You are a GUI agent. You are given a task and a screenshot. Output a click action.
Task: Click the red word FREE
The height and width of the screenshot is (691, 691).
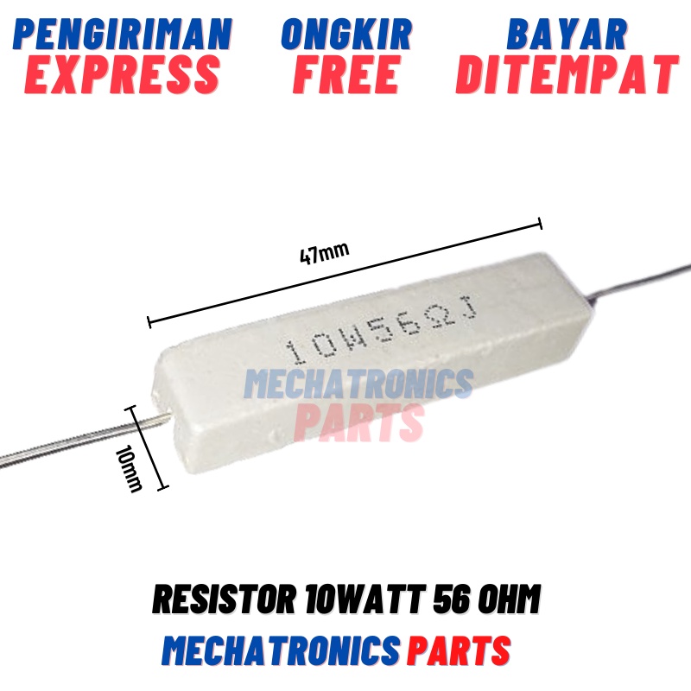tap(346, 74)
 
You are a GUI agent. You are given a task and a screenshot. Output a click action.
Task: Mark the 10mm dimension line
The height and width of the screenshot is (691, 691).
tap(147, 447)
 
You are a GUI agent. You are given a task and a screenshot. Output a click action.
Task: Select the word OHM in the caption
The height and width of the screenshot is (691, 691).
tap(514, 599)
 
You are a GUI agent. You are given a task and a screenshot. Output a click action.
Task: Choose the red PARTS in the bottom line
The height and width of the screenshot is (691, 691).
tap(459, 650)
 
